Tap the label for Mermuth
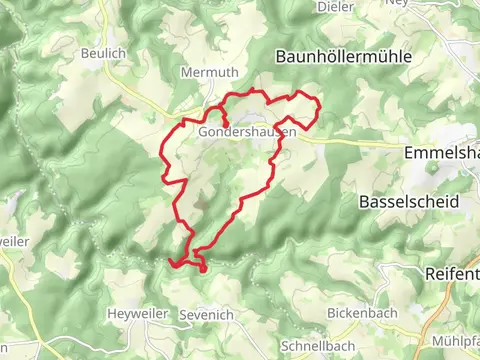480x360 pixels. pyautogui.click(x=205, y=72)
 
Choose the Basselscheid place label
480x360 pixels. pyautogui.click(x=408, y=201)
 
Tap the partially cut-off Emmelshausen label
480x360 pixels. pyautogui.click(x=441, y=154)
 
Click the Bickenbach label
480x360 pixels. pyautogui.click(x=363, y=313)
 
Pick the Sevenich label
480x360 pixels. pyautogui.click(x=206, y=315)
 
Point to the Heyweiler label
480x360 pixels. pyautogui.click(x=135, y=314)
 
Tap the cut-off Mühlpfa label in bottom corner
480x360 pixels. pyautogui.click(x=456, y=342)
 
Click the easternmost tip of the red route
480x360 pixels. pyautogui.click(x=318, y=113)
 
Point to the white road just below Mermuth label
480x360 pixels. pyautogui.click(x=206, y=92)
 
